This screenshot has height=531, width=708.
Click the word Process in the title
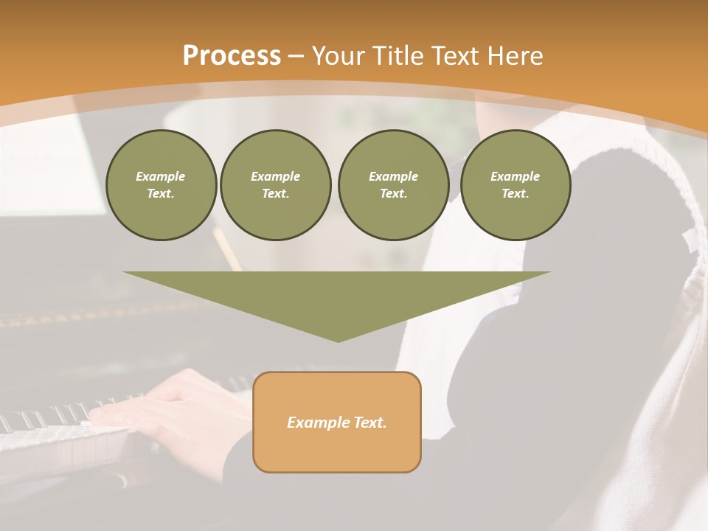pos(232,56)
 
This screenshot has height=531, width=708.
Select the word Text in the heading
pos(456,56)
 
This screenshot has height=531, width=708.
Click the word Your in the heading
pos(339,56)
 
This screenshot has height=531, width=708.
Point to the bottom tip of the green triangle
pos(338,341)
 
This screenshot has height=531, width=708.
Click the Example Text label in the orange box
pos(337,423)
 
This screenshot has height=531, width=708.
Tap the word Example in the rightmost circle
pos(515,176)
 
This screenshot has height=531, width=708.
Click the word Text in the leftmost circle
pos(161,193)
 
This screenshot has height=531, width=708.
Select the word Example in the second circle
pos(275,176)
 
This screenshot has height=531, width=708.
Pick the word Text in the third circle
pos(393,193)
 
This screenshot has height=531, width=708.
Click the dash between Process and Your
pos(296,56)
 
